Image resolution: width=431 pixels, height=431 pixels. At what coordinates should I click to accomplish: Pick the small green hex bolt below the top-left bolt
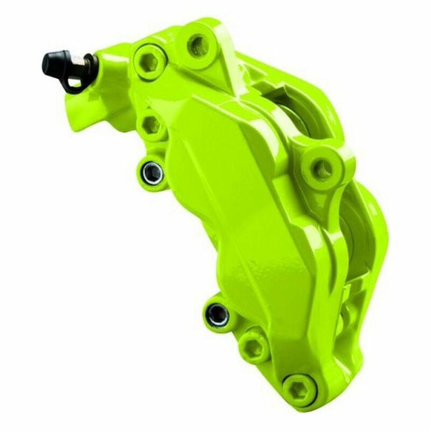coord(151,125)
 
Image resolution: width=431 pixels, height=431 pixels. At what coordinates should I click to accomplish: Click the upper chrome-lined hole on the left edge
coord(152,172)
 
